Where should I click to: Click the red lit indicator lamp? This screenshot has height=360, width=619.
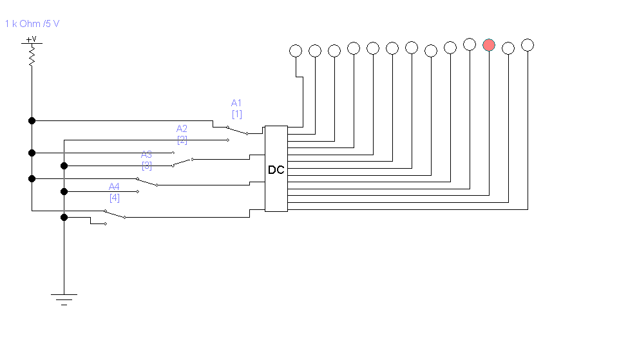pyautogui.click(x=489, y=44)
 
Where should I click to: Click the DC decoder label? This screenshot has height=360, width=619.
pyautogui.click(x=276, y=170)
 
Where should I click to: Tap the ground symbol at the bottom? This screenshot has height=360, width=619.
pyautogui.click(x=64, y=299)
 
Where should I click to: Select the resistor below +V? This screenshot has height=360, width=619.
pyautogui.click(x=32, y=57)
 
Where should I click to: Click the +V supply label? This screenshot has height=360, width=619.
pyautogui.click(x=31, y=40)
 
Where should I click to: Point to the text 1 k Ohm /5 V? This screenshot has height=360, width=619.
pyautogui.click(x=32, y=24)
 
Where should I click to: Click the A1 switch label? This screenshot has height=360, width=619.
pyautogui.click(x=236, y=102)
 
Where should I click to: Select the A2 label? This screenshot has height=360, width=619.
pyautogui.click(x=182, y=128)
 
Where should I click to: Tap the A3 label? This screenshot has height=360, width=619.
pyautogui.click(x=147, y=154)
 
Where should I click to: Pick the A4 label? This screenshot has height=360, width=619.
pyautogui.click(x=114, y=186)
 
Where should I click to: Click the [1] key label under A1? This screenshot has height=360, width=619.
pyautogui.click(x=237, y=114)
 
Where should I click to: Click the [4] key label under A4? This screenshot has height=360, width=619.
pyautogui.click(x=114, y=198)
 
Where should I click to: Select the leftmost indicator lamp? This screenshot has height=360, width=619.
pyautogui.click(x=296, y=50)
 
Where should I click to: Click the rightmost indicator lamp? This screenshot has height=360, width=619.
pyautogui.click(x=528, y=44)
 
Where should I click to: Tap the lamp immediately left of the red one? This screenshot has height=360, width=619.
pyautogui.click(x=470, y=44)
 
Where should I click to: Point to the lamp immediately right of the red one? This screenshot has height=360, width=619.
pyautogui.click(x=508, y=47)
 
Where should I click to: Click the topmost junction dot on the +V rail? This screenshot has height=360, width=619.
pyautogui.click(x=32, y=120)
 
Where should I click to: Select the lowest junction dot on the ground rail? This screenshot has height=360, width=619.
pyautogui.click(x=64, y=217)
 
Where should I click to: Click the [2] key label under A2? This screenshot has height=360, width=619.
pyautogui.click(x=182, y=140)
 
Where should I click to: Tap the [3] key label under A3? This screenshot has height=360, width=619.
pyautogui.click(x=147, y=166)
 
